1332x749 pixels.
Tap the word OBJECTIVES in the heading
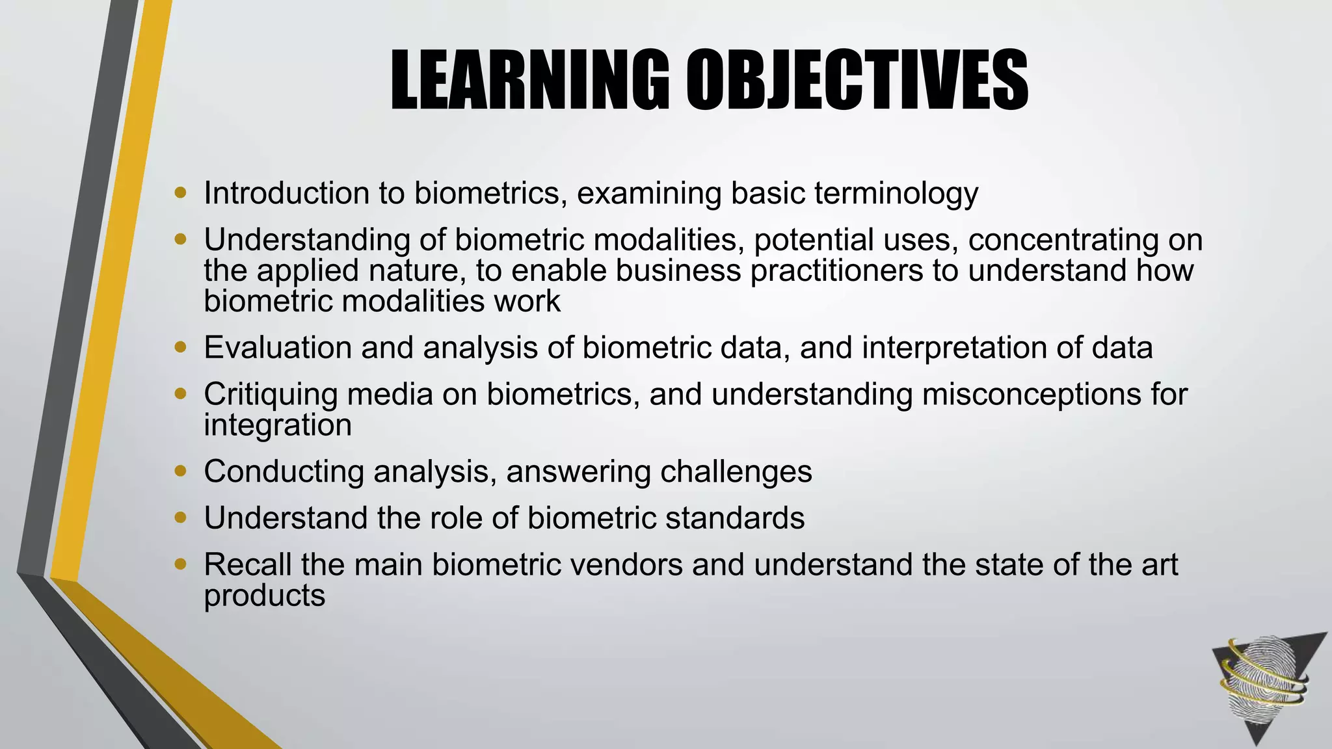[x=857, y=81]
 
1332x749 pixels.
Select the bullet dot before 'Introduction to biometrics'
[x=181, y=192]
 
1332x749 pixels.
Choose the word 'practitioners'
[x=836, y=270]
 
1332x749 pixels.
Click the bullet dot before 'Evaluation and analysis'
[x=181, y=347]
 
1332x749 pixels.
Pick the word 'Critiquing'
[x=271, y=395]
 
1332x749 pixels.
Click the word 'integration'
[x=278, y=425]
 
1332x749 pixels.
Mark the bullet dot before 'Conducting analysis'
[x=181, y=470]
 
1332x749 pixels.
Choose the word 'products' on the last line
[x=264, y=596]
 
